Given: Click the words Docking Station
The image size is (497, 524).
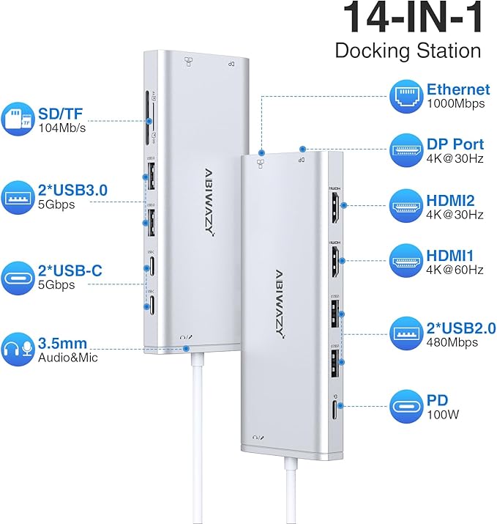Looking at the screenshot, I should (x=408, y=51).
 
